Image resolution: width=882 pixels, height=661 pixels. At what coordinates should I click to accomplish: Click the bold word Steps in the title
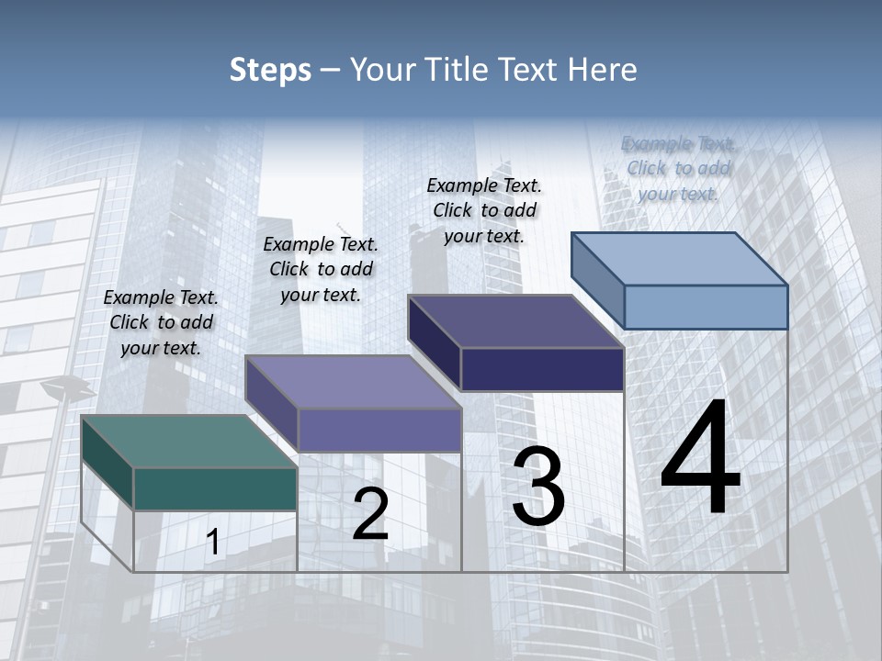pyautogui.click(x=270, y=71)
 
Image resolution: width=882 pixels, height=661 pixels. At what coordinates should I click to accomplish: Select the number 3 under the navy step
pyautogui.click(x=538, y=487)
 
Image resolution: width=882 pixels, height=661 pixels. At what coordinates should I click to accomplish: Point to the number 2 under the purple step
pyautogui.click(x=370, y=514)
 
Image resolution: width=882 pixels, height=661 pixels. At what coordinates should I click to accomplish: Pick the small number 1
pyautogui.click(x=213, y=543)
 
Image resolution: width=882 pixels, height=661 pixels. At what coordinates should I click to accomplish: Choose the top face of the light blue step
pyautogui.click(x=680, y=259)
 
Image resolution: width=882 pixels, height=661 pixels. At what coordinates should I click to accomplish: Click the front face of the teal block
pyautogui.click(x=215, y=488)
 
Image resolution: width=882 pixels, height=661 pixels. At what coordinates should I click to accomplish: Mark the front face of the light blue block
pyautogui.click(x=706, y=307)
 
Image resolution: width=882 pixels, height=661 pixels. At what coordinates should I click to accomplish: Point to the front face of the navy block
pyautogui.click(x=542, y=369)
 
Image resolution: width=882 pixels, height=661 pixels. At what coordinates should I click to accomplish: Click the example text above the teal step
pyautogui.click(x=161, y=322)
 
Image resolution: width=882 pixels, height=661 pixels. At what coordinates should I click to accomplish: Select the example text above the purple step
pyautogui.click(x=321, y=269)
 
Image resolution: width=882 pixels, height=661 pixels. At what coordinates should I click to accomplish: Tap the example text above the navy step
pyautogui.click(x=484, y=210)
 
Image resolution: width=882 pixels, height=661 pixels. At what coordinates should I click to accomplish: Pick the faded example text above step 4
pyautogui.click(x=678, y=168)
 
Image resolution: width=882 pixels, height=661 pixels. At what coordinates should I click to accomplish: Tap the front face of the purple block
pyautogui.click(x=379, y=430)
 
